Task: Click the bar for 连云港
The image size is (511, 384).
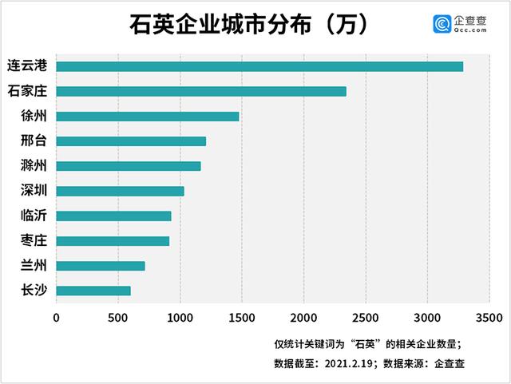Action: [259, 66]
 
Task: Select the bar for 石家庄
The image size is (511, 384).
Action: [201, 91]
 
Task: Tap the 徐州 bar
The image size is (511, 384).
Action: [148, 117]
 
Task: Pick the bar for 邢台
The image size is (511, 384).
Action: [131, 141]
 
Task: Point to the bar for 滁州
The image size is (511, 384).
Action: [129, 166]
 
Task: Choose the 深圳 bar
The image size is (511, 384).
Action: [120, 191]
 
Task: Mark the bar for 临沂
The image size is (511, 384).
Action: [113, 216]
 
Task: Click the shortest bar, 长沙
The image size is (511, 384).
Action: [93, 291]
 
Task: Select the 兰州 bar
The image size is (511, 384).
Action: [101, 266]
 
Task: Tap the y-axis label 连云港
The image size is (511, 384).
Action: [26, 65]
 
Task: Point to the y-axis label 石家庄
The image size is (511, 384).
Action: [26, 91]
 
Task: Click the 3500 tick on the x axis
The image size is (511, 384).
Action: [489, 318]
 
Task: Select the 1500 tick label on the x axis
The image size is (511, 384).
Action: [242, 318]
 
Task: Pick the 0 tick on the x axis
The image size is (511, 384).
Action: [57, 318]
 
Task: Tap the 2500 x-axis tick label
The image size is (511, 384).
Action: [365, 318]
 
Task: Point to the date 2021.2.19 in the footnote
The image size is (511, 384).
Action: [352, 363]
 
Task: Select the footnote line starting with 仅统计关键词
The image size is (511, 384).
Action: [366, 344]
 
